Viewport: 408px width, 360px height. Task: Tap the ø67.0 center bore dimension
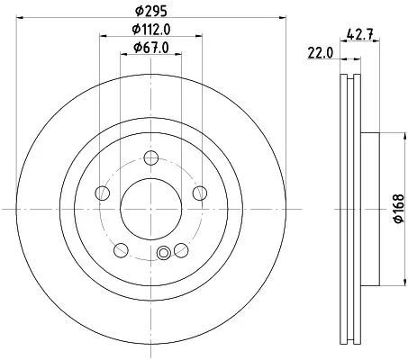tap(150, 48)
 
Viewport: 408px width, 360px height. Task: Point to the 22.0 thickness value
tap(320, 52)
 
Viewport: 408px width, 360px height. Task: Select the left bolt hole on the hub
tap(104, 193)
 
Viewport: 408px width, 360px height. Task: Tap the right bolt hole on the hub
tap(197, 193)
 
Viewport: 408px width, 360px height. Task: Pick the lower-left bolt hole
tap(121, 249)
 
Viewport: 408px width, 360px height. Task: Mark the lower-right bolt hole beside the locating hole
tap(180, 249)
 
